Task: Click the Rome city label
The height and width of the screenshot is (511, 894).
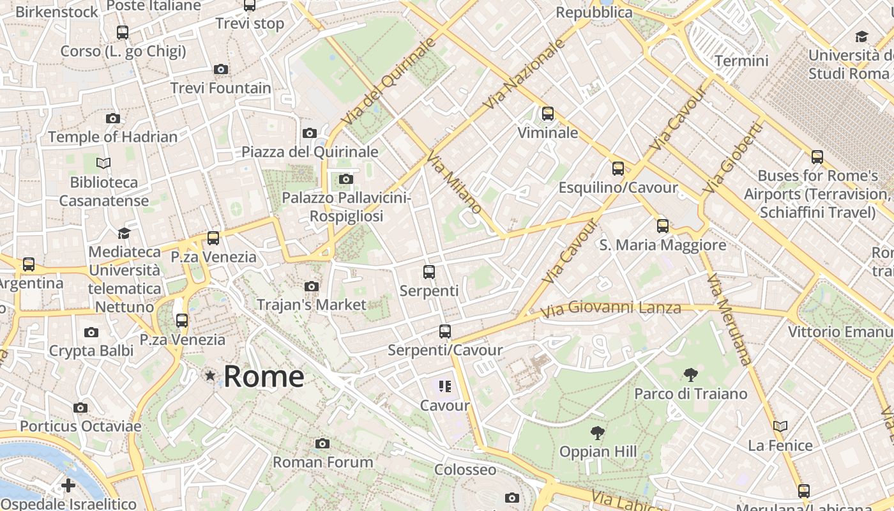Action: (264, 376)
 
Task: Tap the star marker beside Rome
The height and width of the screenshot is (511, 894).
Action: (210, 376)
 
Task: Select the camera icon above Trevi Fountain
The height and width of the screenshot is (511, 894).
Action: (221, 69)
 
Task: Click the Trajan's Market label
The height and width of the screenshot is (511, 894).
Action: (312, 305)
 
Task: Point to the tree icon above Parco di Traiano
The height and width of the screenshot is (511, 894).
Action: (690, 375)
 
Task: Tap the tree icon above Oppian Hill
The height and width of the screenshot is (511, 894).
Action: (598, 433)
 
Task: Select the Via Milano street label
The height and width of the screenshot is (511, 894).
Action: (455, 183)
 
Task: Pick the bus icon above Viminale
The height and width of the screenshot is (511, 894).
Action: (548, 114)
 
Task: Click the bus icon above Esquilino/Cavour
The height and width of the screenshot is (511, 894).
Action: (618, 168)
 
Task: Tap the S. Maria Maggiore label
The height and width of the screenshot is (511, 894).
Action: (663, 245)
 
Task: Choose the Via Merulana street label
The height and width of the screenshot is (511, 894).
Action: (729, 319)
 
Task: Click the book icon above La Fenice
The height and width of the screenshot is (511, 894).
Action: (780, 426)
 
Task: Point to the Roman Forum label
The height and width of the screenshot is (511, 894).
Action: (323, 462)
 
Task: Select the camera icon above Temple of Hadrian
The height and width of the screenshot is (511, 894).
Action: (113, 118)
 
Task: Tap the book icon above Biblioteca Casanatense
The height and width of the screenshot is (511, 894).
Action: (103, 164)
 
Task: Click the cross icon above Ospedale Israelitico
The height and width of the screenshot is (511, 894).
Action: (68, 486)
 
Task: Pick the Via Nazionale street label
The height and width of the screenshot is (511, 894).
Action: (525, 73)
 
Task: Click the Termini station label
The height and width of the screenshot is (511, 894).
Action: (741, 61)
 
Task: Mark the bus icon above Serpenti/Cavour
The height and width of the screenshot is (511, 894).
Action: (445, 332)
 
